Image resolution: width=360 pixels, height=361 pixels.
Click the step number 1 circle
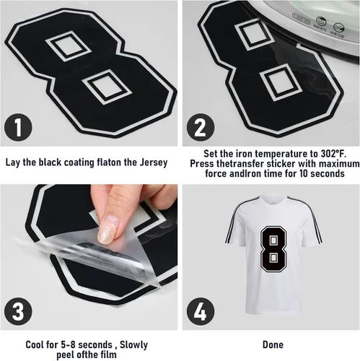click(18, 127)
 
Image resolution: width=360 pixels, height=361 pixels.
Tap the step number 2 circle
click(201, 127)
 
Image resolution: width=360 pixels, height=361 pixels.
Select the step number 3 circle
click(18, 311)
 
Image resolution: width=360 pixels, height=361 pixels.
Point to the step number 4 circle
click(201, 311)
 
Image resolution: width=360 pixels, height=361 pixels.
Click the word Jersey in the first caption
click(154, 162)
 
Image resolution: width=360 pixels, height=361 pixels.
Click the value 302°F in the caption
click(333, 153)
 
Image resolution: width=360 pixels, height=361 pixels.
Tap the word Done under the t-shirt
click(273, 344)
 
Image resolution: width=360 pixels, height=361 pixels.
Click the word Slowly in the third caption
click(133, 344)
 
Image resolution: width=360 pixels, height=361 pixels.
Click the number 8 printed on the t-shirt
click(273, 249)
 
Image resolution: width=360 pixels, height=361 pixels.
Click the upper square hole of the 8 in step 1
click(68, 46)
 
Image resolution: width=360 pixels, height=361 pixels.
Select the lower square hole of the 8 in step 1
click(107, 86)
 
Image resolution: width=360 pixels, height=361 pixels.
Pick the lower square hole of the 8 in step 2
click(281, 82)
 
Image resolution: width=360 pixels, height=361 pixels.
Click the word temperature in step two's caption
click(286, 154)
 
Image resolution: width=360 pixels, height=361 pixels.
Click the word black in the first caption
click(50, 162)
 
